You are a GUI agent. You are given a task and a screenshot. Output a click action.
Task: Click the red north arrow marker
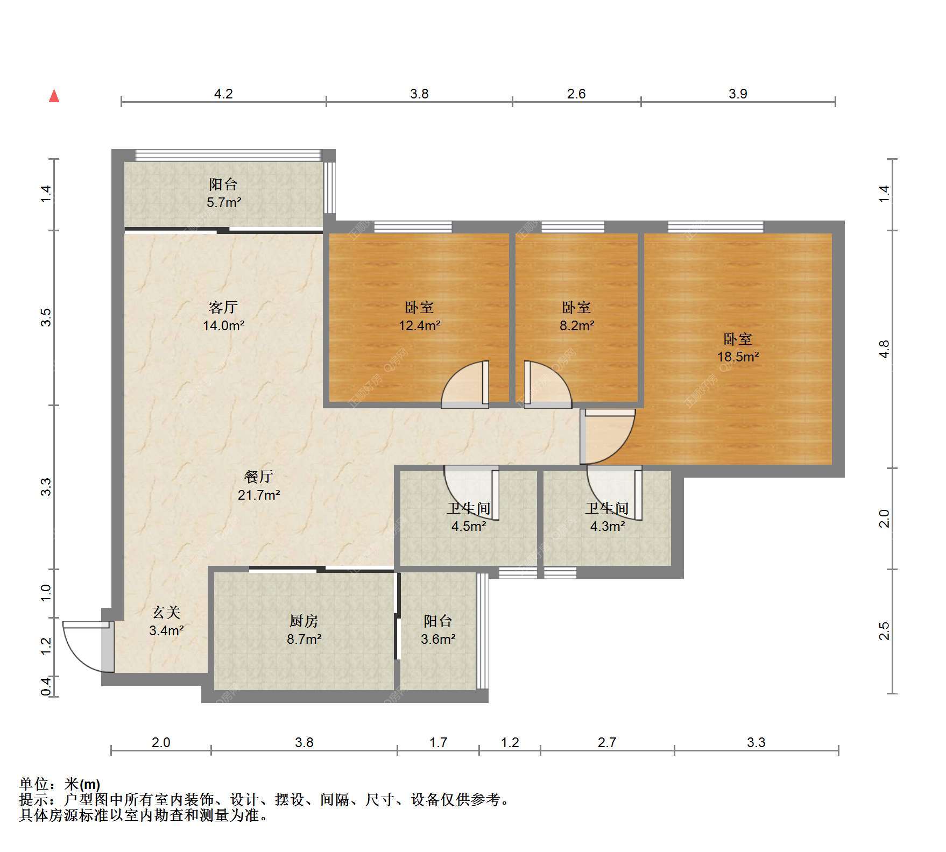(54, 96)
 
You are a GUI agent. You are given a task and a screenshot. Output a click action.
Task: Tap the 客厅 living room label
(223, 307)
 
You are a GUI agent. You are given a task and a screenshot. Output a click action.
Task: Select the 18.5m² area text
(738, 357)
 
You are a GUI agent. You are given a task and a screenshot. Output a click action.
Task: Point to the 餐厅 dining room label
(259, 476)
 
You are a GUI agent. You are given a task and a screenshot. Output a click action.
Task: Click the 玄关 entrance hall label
(166, 612)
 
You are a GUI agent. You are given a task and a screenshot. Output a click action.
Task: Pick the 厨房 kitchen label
(304, 621)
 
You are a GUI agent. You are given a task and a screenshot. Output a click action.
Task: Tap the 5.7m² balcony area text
(224, 203)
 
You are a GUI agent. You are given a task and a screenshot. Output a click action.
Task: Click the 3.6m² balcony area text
(438, 639)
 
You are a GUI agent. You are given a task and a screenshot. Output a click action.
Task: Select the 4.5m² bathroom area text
(469, 526)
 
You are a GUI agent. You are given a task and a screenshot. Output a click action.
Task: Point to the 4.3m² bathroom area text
(608, 526)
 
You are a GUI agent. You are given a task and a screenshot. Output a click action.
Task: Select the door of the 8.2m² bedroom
(547, 384)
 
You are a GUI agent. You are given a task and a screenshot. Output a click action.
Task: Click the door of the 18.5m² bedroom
(608, 436)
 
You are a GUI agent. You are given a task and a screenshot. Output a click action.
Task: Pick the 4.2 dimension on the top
(223, 94)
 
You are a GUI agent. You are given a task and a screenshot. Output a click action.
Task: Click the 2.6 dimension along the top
(576, 94)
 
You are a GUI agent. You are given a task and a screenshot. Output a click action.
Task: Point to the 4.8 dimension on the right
(884, 349)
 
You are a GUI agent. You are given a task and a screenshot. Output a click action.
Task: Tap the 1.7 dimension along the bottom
(438, 743)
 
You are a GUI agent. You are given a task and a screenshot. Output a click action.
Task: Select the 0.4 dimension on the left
(47, 686)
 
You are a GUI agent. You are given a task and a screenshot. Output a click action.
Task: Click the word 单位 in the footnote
(34, 784)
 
